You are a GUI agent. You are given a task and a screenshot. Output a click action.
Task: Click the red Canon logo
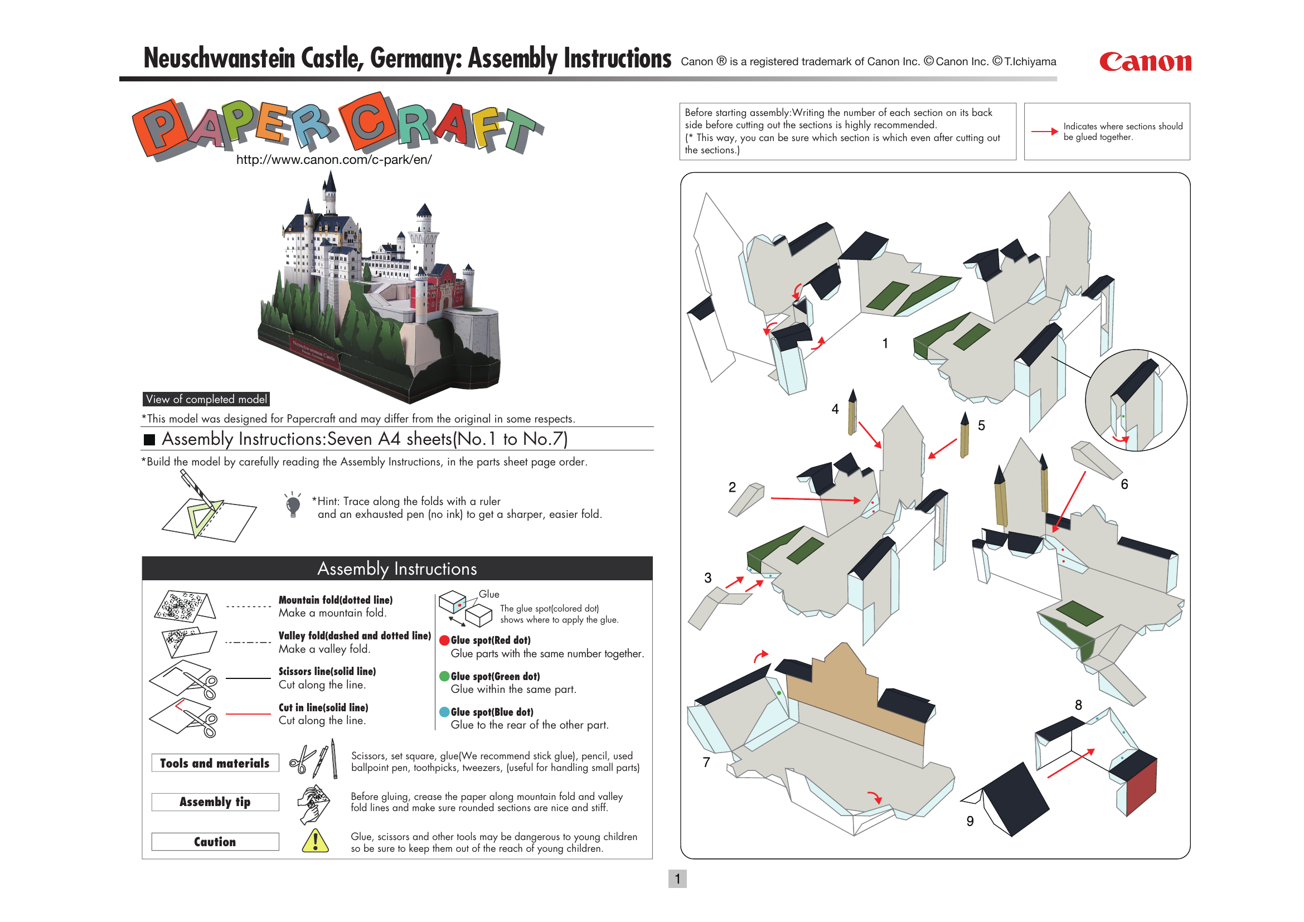point(1145,62)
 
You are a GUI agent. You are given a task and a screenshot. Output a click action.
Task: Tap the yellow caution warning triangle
point(315,841)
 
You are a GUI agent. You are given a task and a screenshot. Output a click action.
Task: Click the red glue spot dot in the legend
point(445,640)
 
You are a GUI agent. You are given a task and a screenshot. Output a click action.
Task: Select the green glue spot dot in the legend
point(445,676)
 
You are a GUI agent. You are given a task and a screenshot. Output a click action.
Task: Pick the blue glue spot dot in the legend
point(445,712)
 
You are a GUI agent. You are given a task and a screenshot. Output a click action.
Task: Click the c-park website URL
point(334,160)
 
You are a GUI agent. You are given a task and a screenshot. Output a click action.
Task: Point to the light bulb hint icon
point(293,504)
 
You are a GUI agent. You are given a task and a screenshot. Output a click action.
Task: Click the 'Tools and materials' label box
point(215,763)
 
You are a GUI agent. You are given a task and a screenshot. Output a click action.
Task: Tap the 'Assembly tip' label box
point(215,802)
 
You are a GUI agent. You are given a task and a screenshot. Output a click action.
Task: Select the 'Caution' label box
point(215,841)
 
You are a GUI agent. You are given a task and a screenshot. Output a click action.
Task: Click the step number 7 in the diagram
point(706,762)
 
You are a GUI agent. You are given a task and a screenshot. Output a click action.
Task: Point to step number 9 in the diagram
point(970,821)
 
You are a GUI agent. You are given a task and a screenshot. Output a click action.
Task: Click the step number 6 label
point(1124,484)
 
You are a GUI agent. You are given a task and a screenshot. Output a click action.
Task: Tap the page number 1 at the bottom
point(677,879)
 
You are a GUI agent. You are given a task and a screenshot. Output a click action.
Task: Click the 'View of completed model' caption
point(206,399)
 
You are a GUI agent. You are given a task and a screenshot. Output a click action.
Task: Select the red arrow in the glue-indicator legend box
point(1044,132)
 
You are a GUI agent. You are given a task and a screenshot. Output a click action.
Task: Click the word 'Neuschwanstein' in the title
point(219,59)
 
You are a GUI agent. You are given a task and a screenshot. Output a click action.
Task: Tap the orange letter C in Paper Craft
point(367,122)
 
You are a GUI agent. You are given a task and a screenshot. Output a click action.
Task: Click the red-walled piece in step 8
point(1141,788)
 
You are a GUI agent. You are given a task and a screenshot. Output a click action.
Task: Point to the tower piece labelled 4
point(852,413)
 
